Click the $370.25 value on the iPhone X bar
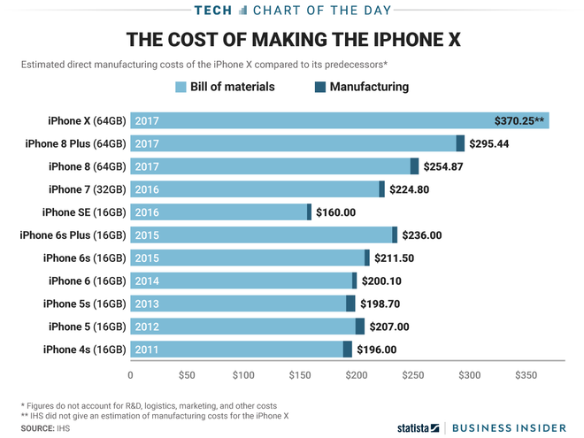[520, 120]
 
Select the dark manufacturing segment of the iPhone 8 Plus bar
[460, 143]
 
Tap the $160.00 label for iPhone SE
[336, 212]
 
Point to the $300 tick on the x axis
[469, 375]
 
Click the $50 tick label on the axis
[187, 375]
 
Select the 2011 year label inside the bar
[147, 350]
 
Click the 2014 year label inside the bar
[147, 281]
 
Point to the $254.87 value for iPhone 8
[448, 166]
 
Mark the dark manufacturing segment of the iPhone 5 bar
[360, 327]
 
